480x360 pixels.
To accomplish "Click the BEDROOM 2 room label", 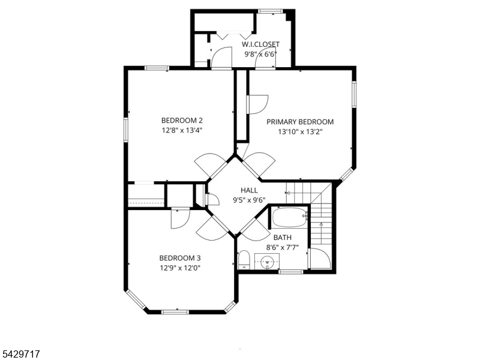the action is coord(182,121).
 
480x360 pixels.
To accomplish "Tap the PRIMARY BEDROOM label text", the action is coord(300,122).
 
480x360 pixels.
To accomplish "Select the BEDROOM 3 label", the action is coord(180,258).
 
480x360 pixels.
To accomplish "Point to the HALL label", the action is coord(249,190).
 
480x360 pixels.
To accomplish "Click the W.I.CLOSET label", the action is coord(260,44).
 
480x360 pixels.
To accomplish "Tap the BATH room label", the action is coord(282,238).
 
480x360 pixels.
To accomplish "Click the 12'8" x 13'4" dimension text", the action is coord(182,130).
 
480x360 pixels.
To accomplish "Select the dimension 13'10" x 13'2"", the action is coord(300,132).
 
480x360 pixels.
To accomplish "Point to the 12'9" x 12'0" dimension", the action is coord(180,268).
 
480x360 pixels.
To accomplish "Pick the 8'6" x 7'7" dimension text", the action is coord(282,247).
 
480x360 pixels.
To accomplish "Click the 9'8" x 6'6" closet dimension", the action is coord(260,55).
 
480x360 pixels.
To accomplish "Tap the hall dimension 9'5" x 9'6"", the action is coord(249,200).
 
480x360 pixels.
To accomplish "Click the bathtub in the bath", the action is coord(290,217).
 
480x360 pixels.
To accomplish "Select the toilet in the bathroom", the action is coord(244,260).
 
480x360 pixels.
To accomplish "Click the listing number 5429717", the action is coord(20,354).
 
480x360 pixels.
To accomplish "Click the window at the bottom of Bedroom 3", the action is coord(175,312).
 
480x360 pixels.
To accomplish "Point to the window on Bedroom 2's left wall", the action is coord(126,130).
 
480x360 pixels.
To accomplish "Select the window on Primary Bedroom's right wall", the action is coord(354,94).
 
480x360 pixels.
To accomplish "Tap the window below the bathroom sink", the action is coord(291,272).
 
